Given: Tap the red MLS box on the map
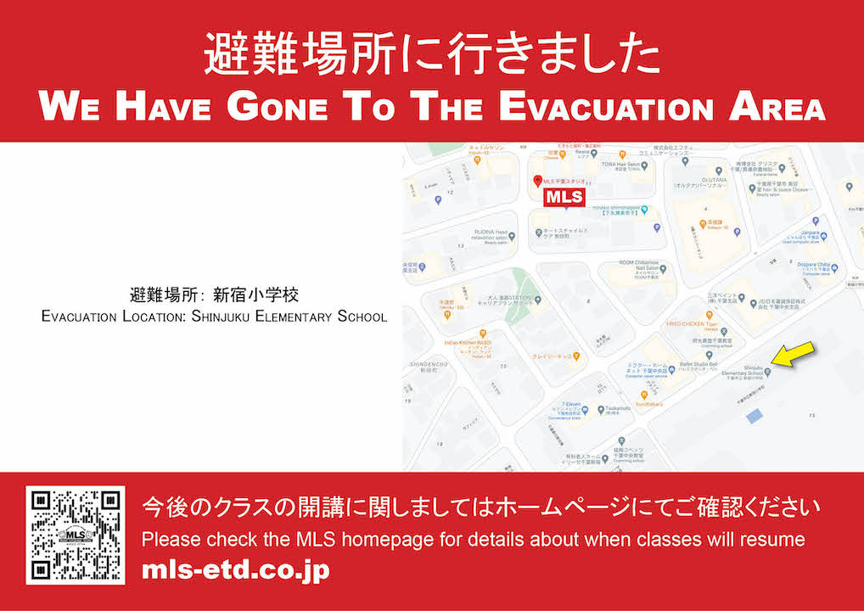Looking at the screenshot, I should pyautogui.click(x=564, y=197).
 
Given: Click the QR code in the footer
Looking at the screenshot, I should pyautogui.click(x=76, y=535).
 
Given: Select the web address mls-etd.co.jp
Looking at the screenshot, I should pyautogui.click(x=235, y=569).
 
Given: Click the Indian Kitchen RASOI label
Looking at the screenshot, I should pyautogui.click(x=463, y=343).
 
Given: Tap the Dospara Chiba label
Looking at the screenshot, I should pyautogui.click(x=813, y=265).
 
